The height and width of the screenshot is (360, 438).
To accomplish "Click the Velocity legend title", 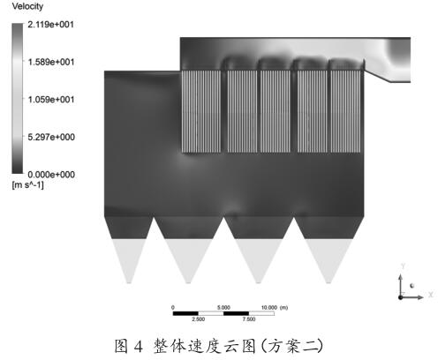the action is (x=27, y=6).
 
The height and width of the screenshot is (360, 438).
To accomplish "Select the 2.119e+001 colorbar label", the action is (x=50, y=25).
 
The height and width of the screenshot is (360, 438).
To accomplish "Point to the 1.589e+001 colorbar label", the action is (x=50, y=62).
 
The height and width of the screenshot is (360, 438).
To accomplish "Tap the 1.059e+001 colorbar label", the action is (x=50, y=100).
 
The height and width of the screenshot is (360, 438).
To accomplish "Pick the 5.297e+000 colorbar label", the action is (x=51, y=137).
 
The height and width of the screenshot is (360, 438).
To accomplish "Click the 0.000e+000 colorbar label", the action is (x=51, y=175).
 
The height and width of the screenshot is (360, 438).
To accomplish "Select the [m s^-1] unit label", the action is (x=27, y=185).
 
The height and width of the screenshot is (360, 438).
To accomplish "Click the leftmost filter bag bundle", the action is (x=201, y=111).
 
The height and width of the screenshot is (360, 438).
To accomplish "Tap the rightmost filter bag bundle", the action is (x=345, y=111).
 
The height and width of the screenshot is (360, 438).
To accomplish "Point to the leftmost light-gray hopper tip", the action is (x=129, y=281).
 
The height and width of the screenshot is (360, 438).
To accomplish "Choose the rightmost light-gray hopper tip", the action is (x=328, y=281).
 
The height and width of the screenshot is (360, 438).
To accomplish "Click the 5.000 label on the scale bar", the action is (x=223, y=307).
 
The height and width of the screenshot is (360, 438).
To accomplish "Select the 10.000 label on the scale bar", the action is (x=269, y=307).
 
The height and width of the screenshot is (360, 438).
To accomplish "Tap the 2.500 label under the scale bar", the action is (x=198, y=319).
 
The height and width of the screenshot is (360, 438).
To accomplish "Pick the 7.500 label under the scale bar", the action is (x=249, y=319).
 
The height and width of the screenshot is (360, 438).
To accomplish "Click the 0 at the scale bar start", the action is (x=173, y=307).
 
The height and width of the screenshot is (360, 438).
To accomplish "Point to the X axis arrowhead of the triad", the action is (x=421, y=297).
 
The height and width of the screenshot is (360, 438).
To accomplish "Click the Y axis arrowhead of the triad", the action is (x=400, y=277).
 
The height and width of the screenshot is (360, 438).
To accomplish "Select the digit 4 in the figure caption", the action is (x=138, y=346).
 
